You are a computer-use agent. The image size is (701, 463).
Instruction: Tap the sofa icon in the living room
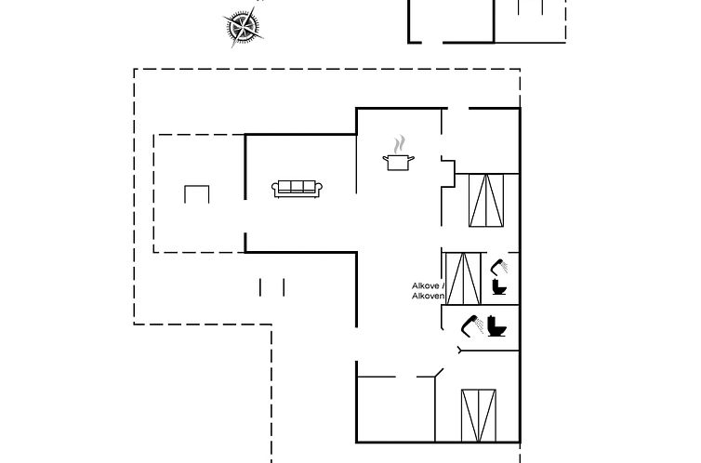[297, 188]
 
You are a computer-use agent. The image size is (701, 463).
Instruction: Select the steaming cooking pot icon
[399, 162]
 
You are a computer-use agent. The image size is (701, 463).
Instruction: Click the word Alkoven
[430, 296]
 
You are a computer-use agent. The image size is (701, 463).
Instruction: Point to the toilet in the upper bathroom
[501, 286]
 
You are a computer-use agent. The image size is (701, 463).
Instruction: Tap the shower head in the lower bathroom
[471, 324]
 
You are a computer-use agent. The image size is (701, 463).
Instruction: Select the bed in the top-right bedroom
[485, 200]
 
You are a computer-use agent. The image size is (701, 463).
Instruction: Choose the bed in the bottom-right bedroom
[479, 416]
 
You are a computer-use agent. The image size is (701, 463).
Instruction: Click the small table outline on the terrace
[196, 194]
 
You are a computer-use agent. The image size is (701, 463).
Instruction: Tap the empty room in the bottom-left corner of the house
[394, 408]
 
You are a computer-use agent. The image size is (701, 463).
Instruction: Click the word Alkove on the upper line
[427, 285]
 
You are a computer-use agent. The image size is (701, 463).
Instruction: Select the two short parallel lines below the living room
[272, 287]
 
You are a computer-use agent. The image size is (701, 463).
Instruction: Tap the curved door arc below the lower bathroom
[462, 350]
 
